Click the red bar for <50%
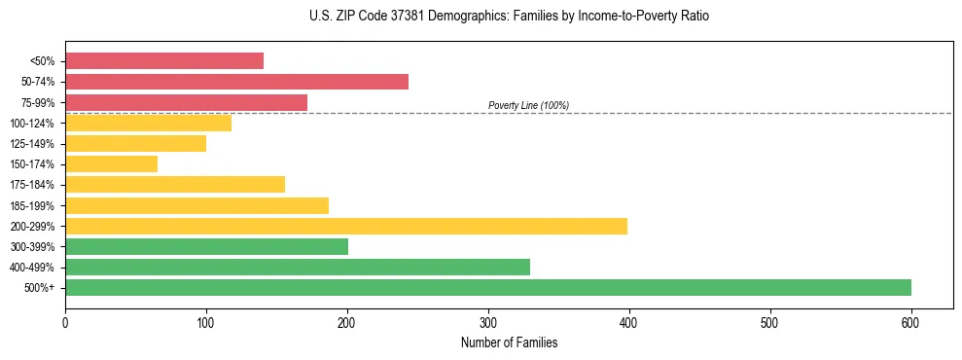(x=163, y=61)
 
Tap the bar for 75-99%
(x=186, y=102)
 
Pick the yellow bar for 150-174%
(x=111, y=164)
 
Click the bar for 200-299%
(x=345, y=226)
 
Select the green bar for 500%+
(x=487, y=287)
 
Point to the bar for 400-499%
(x=297, y=267)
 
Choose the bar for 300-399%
(x=206, y=246)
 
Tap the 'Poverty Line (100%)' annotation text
(x=528, y=105)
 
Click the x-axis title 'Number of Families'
(x=509, y=342)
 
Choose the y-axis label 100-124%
(x=32, y=124)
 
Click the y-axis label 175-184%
(x=32, y=185)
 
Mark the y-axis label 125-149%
(x=32, y=144)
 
